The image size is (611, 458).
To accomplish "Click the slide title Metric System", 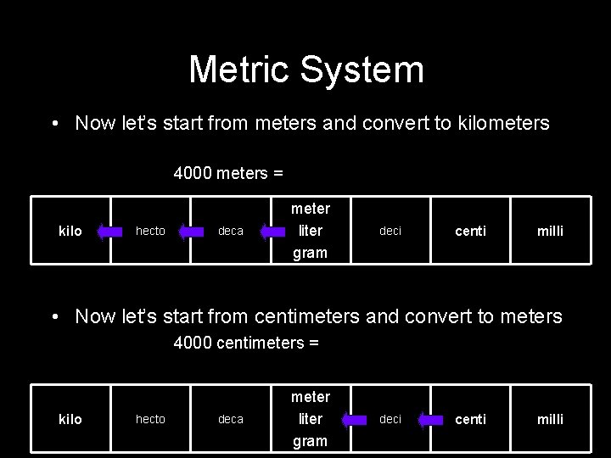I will click(x=305, y=70).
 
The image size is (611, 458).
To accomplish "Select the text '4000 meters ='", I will click(x=228, y=174).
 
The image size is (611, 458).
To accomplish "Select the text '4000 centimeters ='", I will click(x=246, y=343).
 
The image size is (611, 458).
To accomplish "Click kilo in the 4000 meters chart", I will click(x=70, y=232).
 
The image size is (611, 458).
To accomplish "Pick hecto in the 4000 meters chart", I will click(x=150, y=232).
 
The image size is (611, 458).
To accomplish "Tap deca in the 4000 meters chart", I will click(x=230, y=232).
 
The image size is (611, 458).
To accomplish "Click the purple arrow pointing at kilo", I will click(x=110, y=231).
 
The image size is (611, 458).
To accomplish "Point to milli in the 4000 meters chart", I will click(x=549, y=232).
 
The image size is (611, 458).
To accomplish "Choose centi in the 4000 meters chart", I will click(x=470, y=232).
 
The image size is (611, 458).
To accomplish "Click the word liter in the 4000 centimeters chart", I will click(x=310, y=419).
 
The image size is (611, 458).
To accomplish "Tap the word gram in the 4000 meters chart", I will click(x=310, y=253).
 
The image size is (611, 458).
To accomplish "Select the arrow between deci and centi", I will click(x=430, y=419).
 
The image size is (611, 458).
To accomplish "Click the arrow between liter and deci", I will click(x=350, y=419).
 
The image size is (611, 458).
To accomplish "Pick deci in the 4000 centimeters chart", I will click(x=390, y=420).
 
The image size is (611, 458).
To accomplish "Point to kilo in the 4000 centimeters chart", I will click(x=70, y=420).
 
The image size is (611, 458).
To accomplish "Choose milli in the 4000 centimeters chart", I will click(x=549, y=420).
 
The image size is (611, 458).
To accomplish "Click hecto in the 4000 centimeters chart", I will click(x=150, y=420).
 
